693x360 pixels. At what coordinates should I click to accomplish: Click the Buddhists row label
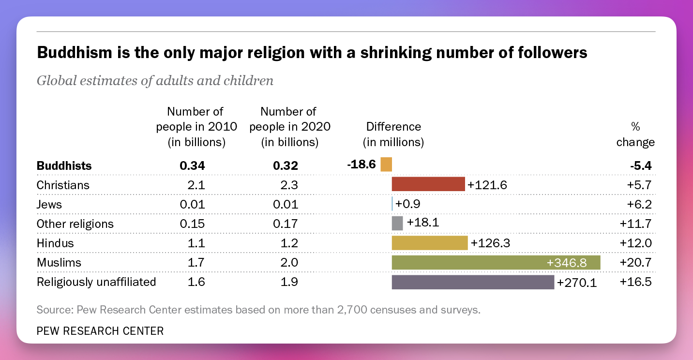(64, 165)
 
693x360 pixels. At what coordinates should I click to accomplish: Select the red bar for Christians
(428, 184)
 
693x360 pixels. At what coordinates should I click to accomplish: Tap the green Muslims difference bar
(484, 263)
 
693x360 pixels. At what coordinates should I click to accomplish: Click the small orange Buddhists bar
(386, 165)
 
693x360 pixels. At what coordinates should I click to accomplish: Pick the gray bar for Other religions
(397, 223)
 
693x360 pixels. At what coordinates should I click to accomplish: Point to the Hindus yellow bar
(430, 243)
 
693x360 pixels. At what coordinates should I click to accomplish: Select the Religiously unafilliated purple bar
(473, 282)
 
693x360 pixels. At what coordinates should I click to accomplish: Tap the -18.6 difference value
(362, 165)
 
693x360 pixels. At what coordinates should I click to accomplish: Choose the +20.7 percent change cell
(635, 263)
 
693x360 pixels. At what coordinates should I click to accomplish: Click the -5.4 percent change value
(641, 165)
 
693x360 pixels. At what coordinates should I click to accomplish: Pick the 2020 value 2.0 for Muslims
(289, 263)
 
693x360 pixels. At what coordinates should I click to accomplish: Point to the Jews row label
(49, 204)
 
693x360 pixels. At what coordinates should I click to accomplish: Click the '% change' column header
(635, 135)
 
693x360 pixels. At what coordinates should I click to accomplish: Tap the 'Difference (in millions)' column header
(393, 135)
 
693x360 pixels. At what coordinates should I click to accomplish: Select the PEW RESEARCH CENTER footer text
(100, 331)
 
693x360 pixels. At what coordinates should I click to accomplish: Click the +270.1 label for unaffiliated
(577, 283)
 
